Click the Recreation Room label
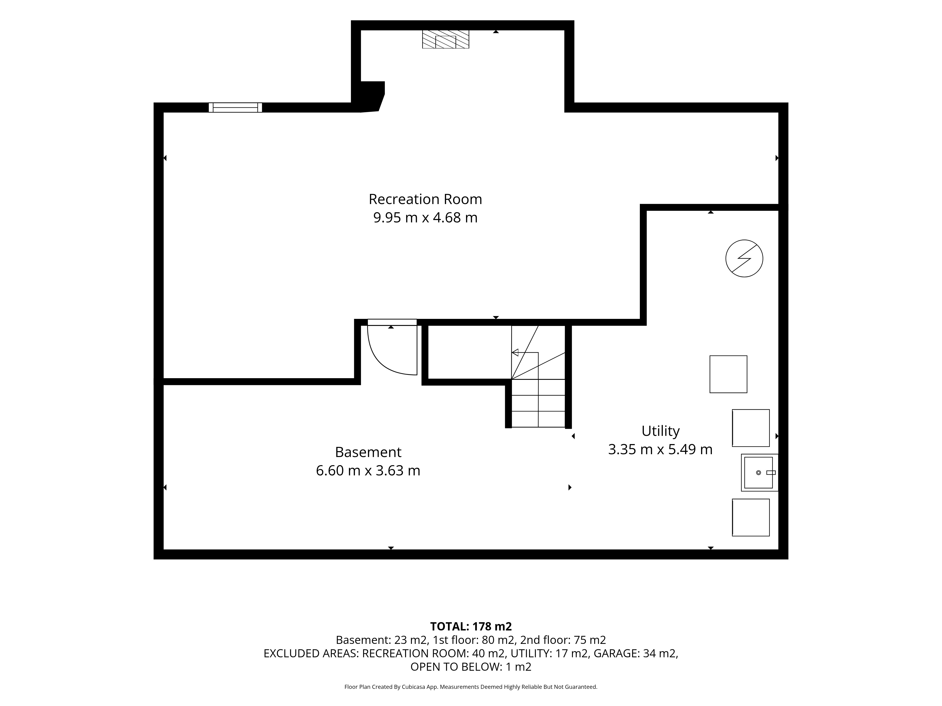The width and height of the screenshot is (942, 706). click(x=425, y=199)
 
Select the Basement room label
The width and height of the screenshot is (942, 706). click(x=368, y=452)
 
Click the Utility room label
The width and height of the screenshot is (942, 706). click(x=660, y=431)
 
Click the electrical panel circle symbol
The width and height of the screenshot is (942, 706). click(x=744, y=259)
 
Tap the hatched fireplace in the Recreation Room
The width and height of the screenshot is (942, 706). click(x=446, y=39)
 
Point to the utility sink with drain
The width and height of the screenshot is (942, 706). click(x=759, y=472)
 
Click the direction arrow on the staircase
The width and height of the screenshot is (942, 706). click(x=525, y=352)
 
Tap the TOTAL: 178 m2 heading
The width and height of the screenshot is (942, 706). click(x=471, y=626)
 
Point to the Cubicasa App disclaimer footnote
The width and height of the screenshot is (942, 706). click(x=471, y=686)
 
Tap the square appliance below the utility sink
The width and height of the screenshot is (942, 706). click(x=751, y=517)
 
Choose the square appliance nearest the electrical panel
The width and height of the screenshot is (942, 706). click(x=728, y=374)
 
